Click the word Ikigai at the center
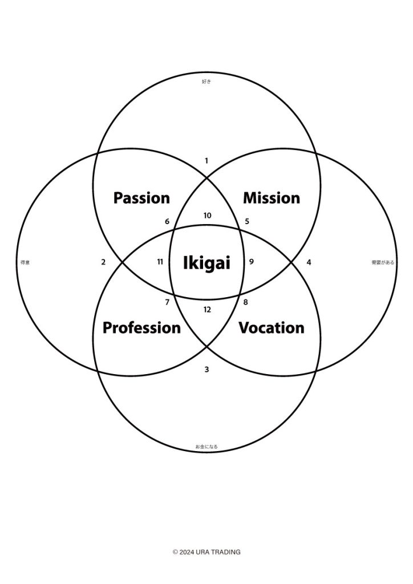(206, 263)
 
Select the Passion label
(141, 198)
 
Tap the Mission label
(272, 198)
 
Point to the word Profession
(141, 328)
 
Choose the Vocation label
(272, 328)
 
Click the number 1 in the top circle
(206, 161)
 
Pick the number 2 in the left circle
(103, 262)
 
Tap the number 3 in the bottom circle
(206, 370)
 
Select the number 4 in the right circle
(309, 262)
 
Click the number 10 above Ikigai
(207, 216)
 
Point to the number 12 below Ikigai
(207, 310)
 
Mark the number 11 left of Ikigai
(160, 262)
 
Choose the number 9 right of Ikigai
(252, 262)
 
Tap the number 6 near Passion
(167, 221)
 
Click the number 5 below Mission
(247, 221)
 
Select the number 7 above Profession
(167, 302)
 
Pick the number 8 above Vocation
(246, 302)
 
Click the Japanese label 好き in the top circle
(206, 82)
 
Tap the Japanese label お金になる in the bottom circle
(206, 447)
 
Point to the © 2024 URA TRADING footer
(206, 552)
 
